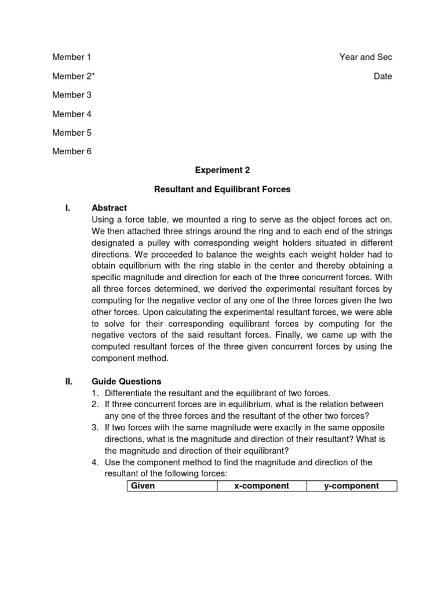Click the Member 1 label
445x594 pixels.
72,57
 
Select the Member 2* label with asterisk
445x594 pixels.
74,76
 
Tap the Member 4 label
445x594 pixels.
72,114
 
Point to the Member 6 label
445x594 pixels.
72,151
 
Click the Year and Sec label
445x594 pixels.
366,57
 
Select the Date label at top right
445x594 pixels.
382,76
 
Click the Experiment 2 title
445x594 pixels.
222,170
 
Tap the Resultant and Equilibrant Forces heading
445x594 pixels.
222,189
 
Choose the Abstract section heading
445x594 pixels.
110,208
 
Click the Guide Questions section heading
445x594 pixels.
126,381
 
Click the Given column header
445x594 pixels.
143,486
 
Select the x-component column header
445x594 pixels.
261,486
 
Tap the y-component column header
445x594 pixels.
351,486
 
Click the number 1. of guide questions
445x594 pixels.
95,393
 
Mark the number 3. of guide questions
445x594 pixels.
95,428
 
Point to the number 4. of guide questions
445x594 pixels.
95,462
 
